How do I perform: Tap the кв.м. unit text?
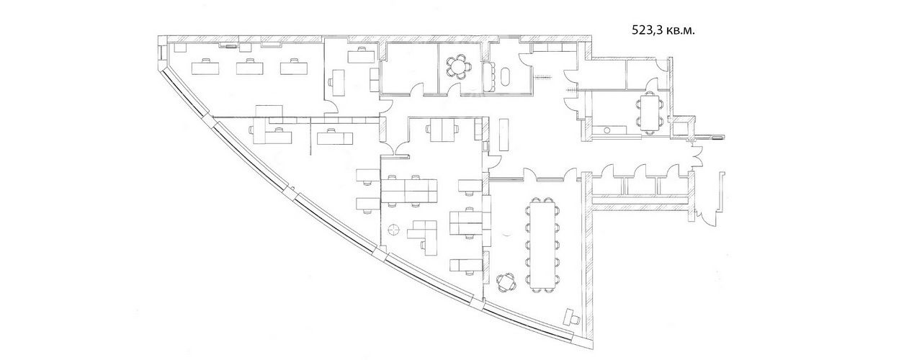point(679,30)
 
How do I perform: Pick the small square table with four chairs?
point(506,283)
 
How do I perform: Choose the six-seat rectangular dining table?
point(650,112)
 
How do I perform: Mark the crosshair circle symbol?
point(393,229)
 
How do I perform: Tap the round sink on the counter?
point(607,130)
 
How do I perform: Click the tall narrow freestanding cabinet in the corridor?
point(504,135)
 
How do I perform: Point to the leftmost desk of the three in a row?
point(205,67)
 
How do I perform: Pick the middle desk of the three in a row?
point(250,67)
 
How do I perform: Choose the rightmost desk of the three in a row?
point(295,67)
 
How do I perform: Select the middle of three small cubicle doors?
point(641,171)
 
